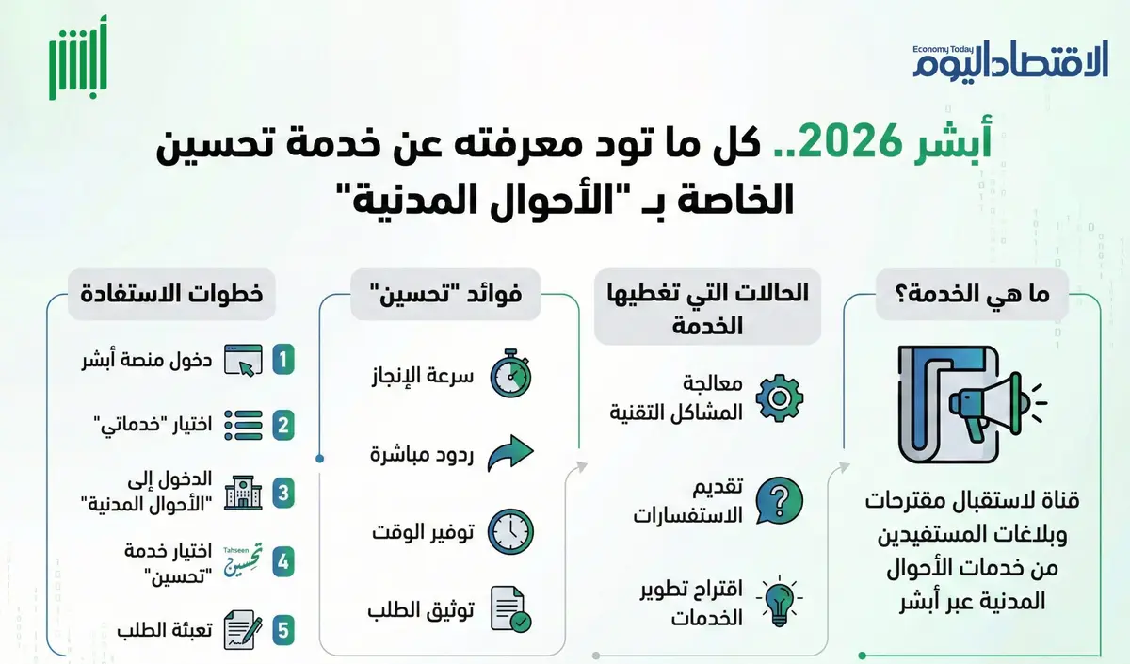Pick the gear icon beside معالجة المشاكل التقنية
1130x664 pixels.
[x=780, y=398]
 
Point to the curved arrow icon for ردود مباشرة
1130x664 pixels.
[x=510, y=453]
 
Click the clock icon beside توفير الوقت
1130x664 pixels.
[x=510, y=531]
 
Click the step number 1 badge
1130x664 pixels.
[x=282, y=359]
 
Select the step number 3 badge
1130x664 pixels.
[x=282, y=493]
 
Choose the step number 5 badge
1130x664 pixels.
[x=282, y=630]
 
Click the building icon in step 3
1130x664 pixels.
[x=242, y=494]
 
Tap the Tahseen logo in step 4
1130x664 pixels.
[x=242, y=561]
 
